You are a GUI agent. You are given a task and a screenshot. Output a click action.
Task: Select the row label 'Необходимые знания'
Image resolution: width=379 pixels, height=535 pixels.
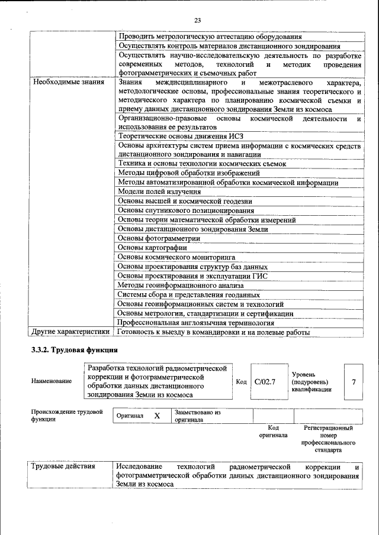[69, 82]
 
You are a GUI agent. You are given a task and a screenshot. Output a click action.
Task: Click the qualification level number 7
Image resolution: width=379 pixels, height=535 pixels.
[354, 381]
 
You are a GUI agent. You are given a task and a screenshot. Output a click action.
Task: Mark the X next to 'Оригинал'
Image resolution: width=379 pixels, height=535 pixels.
[157, 416]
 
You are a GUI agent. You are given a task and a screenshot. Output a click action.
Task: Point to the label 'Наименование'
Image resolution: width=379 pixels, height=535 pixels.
[52, 381]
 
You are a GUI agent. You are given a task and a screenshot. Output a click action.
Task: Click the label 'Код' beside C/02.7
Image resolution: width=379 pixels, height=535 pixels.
[241, 381]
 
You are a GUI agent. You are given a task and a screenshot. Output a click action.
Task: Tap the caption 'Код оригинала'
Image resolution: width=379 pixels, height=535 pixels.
[273, 431]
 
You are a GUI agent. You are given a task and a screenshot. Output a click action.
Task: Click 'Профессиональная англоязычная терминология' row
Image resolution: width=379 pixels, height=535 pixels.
[195, 323]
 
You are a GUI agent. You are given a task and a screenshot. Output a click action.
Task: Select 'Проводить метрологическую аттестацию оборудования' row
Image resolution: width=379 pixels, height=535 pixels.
[210, 36]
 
